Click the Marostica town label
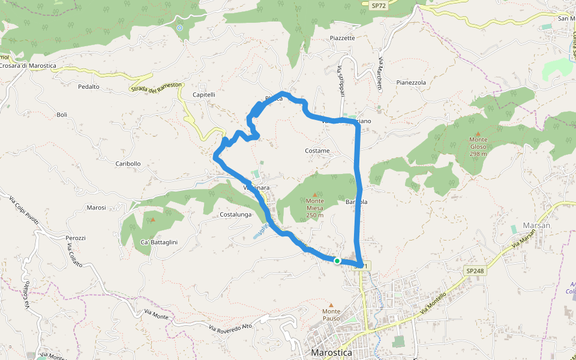[332, 353]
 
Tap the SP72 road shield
[378, 5]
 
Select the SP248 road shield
[474, 271]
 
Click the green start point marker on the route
[337, 260]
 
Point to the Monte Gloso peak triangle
[478, 133]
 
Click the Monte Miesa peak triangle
[314, 194]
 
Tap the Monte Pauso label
[331, 314]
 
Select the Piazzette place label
[343, 38]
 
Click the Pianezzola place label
[411, 82]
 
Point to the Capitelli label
[204, 95]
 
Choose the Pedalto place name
[89, 86]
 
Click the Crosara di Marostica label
[28, 65]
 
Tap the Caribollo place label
[128, 163]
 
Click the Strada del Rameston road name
[155, 88]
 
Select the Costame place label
[317, 151]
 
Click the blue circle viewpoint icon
[179, 28]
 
